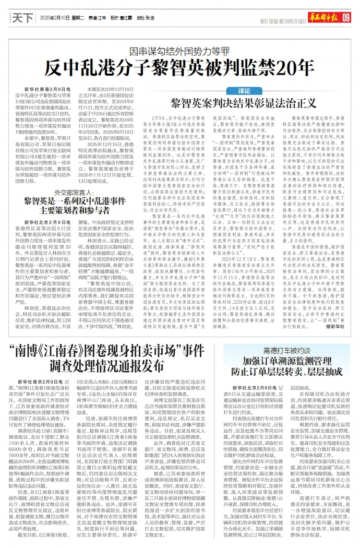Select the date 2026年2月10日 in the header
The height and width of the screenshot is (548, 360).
(53, 17)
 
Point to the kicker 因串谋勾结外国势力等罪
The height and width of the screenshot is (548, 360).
(179, 53)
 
